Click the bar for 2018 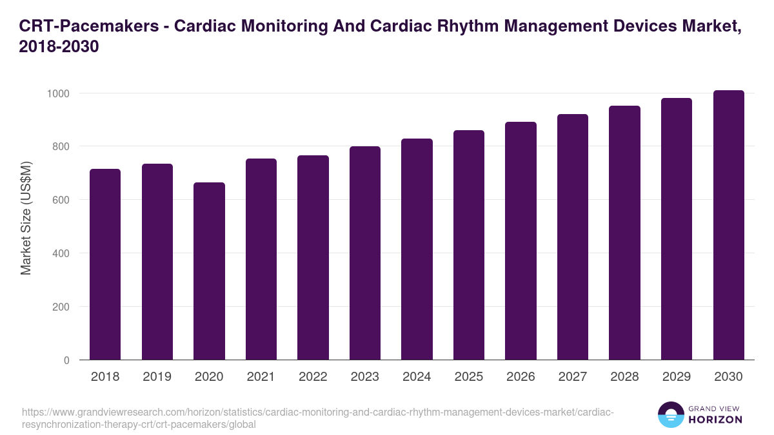point(105,264)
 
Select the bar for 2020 point(209,271)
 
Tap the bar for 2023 point(365,253)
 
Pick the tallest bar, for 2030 point(729,225)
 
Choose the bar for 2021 point(261,259)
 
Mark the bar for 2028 point(624,233)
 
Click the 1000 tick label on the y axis point(58,93)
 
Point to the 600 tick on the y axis point(61,200)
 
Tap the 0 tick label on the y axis point(66,360)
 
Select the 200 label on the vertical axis point(61,307)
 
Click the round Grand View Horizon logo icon point(670,414)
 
